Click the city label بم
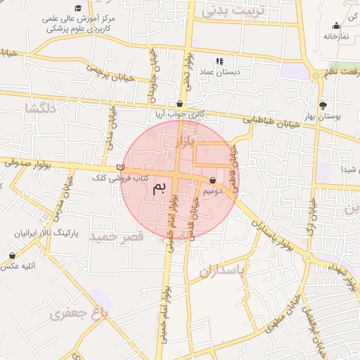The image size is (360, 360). point(161,186)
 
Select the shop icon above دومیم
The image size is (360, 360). point(212,180)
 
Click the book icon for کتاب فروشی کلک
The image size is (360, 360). point(120,167)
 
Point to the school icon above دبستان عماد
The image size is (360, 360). point(219,61)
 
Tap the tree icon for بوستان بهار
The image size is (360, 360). point(323,105)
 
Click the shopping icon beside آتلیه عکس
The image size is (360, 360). point(12,255)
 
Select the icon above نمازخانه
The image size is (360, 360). point(336,25)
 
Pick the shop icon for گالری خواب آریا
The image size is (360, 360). point(179,103)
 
